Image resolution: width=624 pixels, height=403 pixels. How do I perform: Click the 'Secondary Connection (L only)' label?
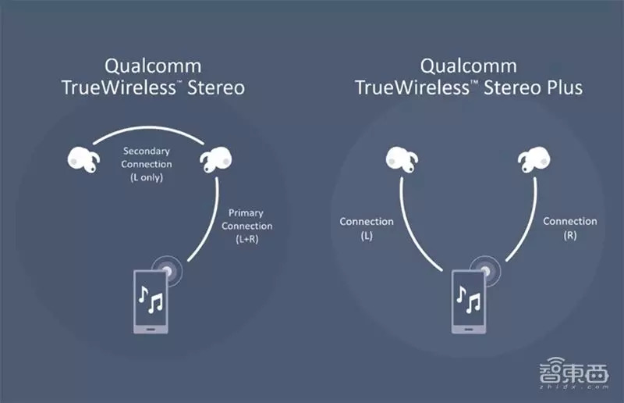click(147, 165)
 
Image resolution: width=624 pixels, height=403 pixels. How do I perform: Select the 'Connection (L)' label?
click(367, 228)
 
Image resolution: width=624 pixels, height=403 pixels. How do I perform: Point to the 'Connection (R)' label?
click(570, 228)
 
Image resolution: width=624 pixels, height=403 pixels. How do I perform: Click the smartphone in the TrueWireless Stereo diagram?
click(153, 300)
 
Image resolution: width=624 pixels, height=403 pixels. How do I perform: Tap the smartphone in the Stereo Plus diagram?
click(470, 300)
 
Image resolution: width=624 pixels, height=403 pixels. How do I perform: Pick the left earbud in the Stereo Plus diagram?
click(401, 161)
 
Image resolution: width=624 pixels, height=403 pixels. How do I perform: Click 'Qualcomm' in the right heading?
click(469, 66)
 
